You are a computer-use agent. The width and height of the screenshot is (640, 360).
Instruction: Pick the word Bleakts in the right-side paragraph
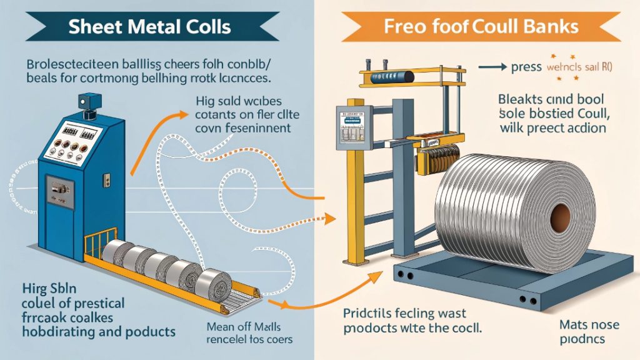tap(523, 98)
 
